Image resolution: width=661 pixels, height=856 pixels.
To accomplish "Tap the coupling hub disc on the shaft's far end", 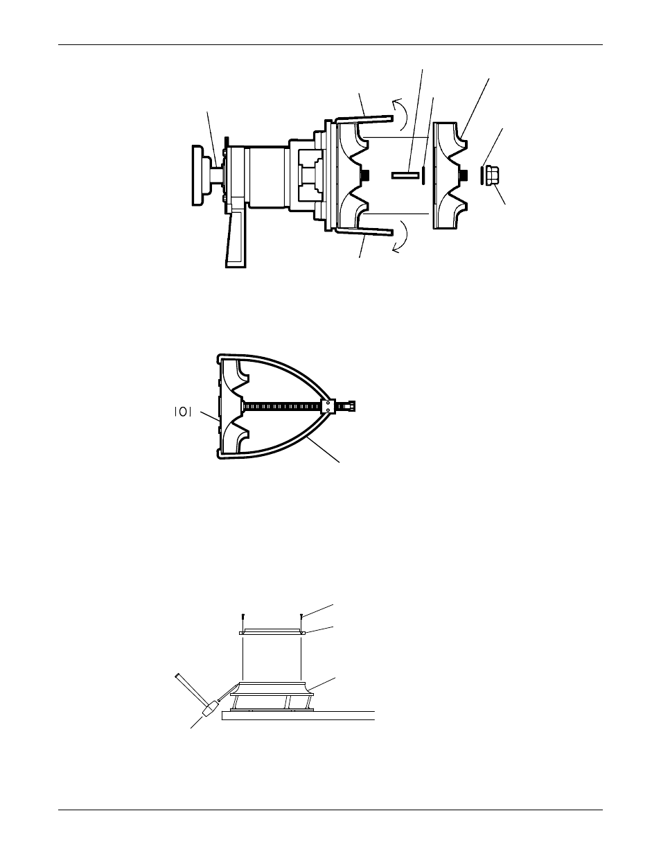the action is pyautogui.click(x=201, y=175).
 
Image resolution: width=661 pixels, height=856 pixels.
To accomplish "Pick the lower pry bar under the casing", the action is pyautogui.click(x=364, y=232).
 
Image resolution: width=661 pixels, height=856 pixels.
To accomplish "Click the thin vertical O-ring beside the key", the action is pyautogui.click(x=423, y=175).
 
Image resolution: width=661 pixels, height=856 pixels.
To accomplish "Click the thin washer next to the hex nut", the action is pyautogui.click(x=481, y=175).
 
